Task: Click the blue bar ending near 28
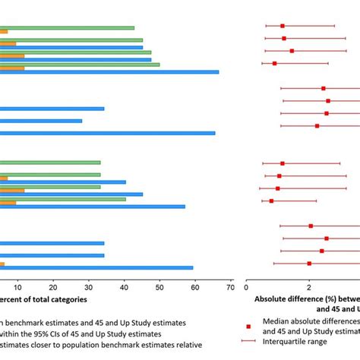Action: pos(41,121)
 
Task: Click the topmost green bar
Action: pos(67,28)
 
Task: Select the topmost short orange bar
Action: pos(4,32)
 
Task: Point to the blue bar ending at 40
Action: pos(63,182)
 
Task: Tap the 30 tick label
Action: pos(89,288)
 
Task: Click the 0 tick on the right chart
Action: pos(246,288)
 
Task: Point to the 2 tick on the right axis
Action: pos(308,288)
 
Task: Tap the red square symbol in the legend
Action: pos(248,326)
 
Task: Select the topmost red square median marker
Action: pos(283,26)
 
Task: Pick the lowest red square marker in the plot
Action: pos(309,264)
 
